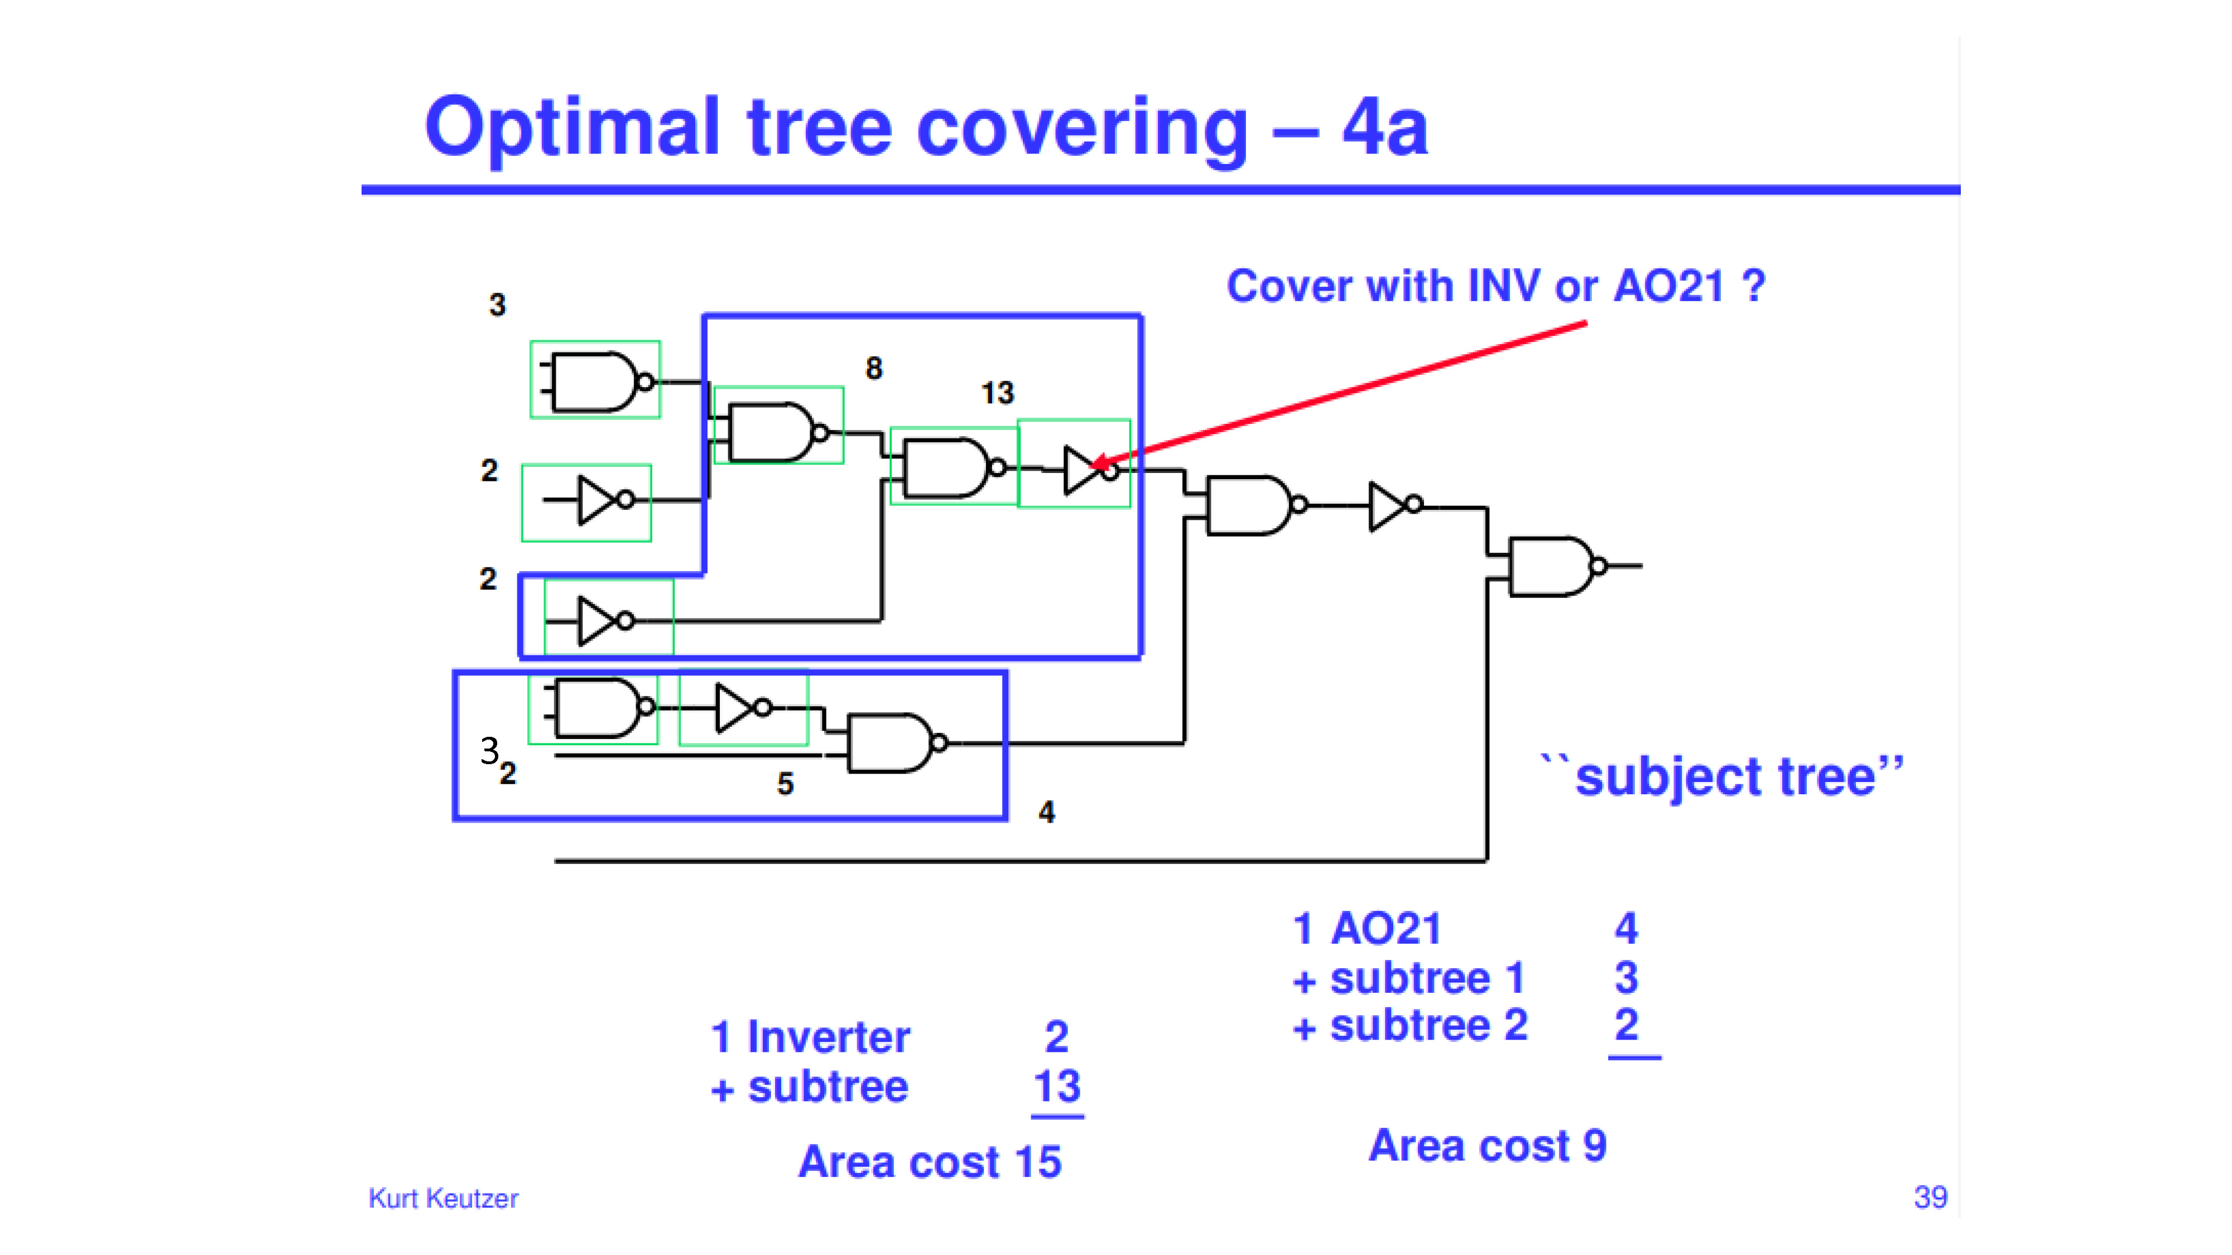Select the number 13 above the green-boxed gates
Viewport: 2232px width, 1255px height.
[997, 393]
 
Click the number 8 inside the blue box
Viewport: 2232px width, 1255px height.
[873, 368]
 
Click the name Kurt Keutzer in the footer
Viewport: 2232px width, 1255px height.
[442, 1198]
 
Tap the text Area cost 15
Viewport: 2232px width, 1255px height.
[930, 1161]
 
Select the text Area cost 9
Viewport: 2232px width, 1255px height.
[1488, 1145]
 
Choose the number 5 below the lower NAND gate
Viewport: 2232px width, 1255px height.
[785, 784]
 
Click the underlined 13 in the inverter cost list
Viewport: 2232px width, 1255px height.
[1057, 1086]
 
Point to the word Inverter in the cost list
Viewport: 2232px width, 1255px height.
[828, 1037]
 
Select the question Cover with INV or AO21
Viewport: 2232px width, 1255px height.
[1495, 286]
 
